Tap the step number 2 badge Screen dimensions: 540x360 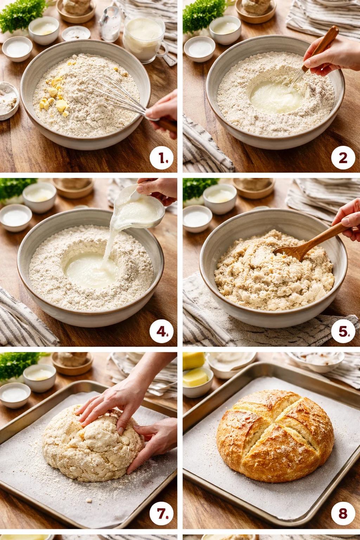[343, 158]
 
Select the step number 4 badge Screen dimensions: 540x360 [162, 331]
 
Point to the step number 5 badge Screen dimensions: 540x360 [343, 331]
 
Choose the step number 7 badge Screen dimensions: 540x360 [162, 514]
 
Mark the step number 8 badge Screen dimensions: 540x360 [343, 514]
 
